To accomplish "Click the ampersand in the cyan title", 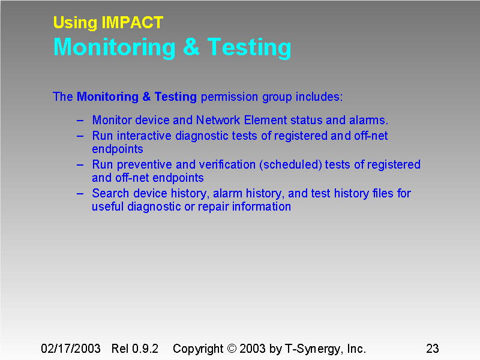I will pos(191,47).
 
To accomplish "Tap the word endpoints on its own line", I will pos(117,149).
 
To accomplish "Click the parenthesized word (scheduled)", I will pos(290,164).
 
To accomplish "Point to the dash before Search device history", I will pos(80,193).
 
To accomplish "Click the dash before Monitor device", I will pos(80,120).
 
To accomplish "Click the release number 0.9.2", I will pos(145,349).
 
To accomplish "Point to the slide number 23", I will pos(432,349).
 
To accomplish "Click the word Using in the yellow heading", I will pos(75,23).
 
